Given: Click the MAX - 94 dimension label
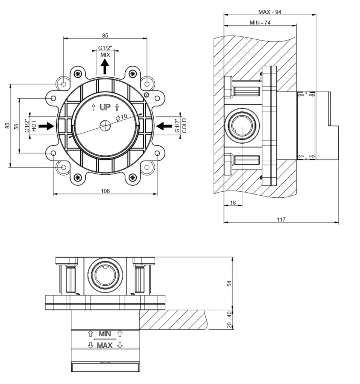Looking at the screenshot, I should click(x=270, y=12).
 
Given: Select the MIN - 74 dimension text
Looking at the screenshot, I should click(x=260, y=22).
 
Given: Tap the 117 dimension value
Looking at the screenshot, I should click(x=281, y=219).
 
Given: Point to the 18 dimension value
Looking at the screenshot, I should click(x=233, y=202).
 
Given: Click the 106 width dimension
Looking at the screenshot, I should click(x=105, y=191).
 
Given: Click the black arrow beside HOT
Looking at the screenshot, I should click(x=46, y=126).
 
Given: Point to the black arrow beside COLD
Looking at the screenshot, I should click(x=164, y=126).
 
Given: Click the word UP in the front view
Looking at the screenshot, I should click(x=105, y=108).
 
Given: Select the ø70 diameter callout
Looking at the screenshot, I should click(x=122, y=117).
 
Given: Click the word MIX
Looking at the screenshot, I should click(x=105, y=55).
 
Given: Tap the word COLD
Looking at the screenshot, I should click(x=184, y=126).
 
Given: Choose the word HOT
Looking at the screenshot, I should click(x=34, y=126).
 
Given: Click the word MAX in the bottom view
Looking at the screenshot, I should click(x=105, y=345).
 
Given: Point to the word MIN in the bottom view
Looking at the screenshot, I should click(x=105, y=333).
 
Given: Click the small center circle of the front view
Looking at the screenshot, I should click(x=105, y=125).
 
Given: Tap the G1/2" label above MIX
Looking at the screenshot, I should click(x=105, y=48).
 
